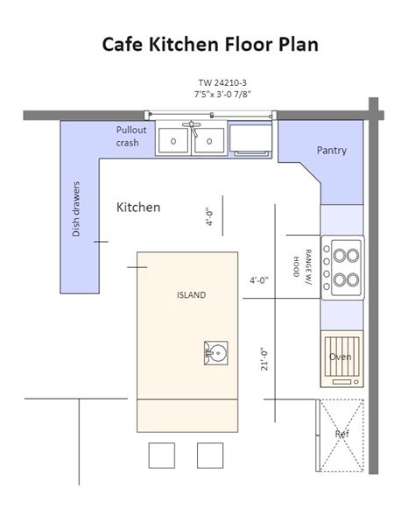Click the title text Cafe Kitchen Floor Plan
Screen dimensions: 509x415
(207, 44)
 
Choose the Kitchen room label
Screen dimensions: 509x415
(138, 208)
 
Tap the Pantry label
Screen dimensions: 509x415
(331, 151)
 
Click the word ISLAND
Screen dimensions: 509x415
(191, 295)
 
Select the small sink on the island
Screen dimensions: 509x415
(215, 354)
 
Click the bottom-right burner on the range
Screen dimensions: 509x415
(352, 281)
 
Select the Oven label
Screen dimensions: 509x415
(340, 357)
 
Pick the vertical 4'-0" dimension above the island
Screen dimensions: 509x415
(209, 216)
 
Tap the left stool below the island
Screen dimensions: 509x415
(161, 456)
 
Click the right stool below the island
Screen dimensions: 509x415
(210, 456)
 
